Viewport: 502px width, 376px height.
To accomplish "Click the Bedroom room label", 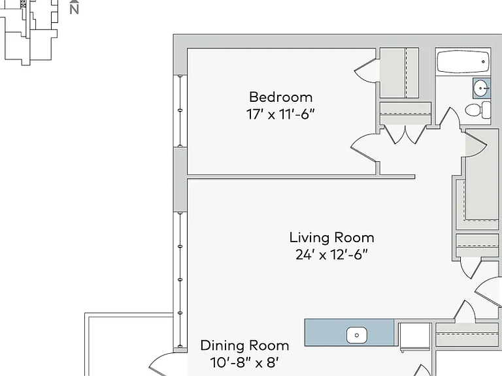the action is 280,97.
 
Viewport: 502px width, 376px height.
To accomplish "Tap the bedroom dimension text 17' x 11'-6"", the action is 280,114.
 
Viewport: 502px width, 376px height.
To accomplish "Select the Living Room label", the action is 331,238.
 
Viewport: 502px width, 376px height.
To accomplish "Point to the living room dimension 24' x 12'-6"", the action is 331,255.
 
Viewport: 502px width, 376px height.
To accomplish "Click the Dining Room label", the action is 244,345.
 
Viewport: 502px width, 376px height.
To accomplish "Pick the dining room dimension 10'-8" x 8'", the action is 244,362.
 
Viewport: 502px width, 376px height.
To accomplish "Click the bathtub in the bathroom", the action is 463,62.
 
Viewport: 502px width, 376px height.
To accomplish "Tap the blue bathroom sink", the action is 482,88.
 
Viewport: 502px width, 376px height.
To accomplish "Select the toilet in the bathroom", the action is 478,110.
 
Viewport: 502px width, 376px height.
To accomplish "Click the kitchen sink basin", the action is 356,335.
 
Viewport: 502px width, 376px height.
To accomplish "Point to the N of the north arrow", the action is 75,10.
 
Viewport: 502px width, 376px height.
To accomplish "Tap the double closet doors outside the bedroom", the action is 405,134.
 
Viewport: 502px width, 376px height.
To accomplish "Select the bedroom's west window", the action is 180,111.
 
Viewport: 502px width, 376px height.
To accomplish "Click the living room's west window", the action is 180,280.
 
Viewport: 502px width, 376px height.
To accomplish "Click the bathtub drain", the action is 483,62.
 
